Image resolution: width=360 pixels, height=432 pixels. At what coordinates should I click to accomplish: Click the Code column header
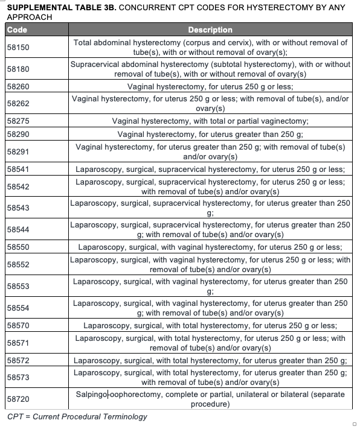point(17,30)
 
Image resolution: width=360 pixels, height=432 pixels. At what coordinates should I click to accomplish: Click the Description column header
point(210,30)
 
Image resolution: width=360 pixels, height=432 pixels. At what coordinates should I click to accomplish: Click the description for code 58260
point(210,86)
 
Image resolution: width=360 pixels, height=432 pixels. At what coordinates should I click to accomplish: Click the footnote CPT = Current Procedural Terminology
point(77,417)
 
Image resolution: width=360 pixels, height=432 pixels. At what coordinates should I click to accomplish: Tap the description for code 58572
point(210,361)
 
